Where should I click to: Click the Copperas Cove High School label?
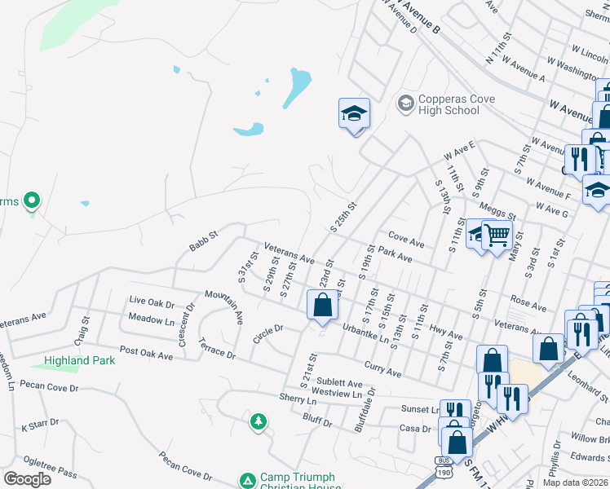[448, 104]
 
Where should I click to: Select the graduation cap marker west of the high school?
[354, 113]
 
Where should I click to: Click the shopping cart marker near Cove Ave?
[497, 236]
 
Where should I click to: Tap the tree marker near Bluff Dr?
[258, 421]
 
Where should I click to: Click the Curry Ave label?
[383, 370]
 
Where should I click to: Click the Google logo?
[27, 478]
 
